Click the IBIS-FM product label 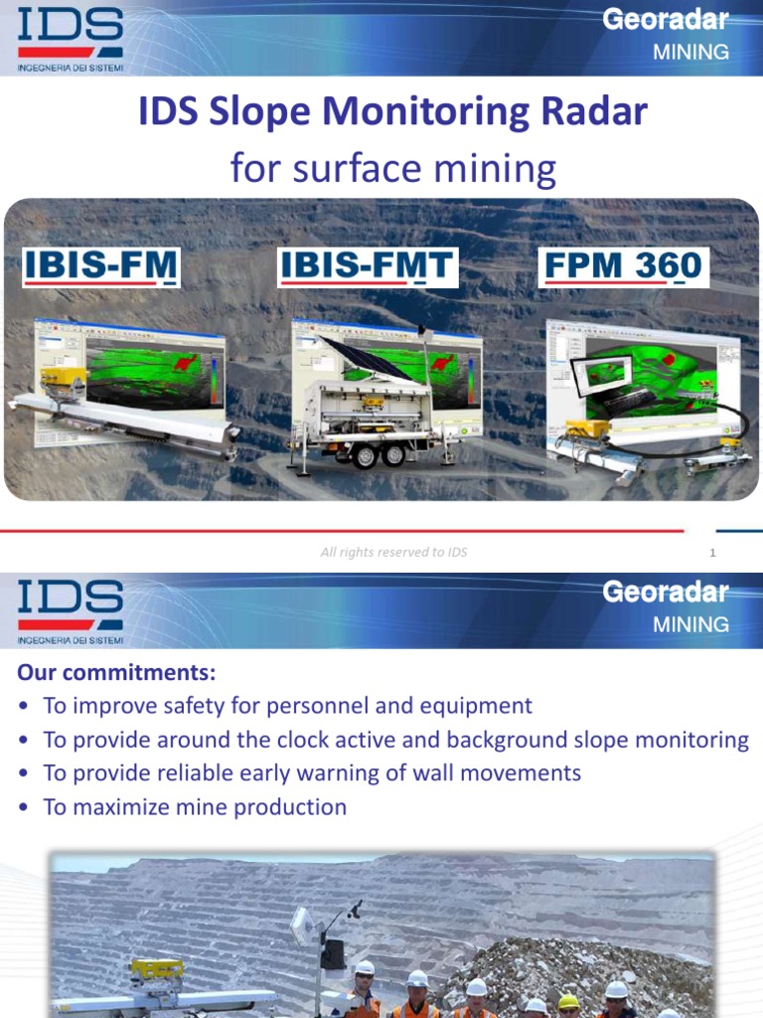(x=101, y=267)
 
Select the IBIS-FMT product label (x=367, y=267)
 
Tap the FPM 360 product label (x=623, y=267)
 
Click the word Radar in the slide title (x=593, y=113)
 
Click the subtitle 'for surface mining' (x=392, y=168)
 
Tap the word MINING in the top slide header (x=690, y=52)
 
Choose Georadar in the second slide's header (x=666, y=593)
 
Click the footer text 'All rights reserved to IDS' (x=393, y=553)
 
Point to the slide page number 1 (x=713, y=554)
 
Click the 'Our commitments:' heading (x=116, y=673)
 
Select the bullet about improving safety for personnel (x=287, y=706)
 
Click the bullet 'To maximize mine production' (x=195, y=807)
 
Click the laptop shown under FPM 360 (x=604, y=376)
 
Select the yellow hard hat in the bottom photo (x=568, y=1002)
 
